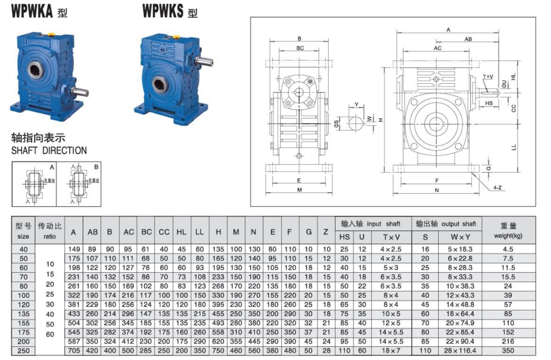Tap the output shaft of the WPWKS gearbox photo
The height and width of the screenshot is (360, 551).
[205, 62]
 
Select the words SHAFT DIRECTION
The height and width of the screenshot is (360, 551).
[49, 151]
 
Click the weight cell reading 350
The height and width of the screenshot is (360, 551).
[508, 351]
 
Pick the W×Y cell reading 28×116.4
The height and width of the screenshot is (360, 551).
[457, 351]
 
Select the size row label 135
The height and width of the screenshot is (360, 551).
[23, 314]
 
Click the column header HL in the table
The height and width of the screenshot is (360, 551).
[181, 232]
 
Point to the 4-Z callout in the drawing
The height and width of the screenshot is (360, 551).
[497, 188]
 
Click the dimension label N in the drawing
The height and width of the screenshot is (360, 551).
[437, 190]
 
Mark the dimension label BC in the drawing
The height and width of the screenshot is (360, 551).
[300, 48]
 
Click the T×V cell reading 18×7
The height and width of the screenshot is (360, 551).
[391, 351]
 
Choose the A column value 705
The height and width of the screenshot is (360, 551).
[73, 351]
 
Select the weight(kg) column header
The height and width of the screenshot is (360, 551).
[508, 236]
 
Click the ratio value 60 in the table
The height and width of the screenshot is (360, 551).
[50, 335]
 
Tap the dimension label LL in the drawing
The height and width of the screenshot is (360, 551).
[513, 147]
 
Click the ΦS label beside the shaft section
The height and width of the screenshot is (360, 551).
[336, 123]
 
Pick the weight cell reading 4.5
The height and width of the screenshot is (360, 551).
[508, 249]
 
